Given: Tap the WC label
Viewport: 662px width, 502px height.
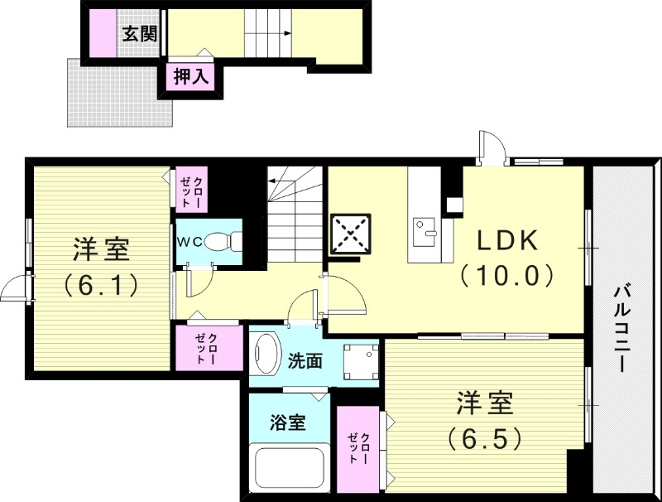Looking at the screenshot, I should pos(189,242).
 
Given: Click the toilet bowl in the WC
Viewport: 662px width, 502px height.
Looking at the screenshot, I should pos(222,241).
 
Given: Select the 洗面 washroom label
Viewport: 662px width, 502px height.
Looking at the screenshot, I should pos(305,361).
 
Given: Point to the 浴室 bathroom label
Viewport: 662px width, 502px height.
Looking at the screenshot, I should pos(288,422).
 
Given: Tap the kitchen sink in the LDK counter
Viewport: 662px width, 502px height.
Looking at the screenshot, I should pos(426,228).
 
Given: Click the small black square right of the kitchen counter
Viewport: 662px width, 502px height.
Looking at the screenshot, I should pos(454,203).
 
